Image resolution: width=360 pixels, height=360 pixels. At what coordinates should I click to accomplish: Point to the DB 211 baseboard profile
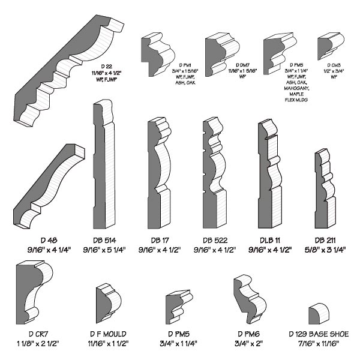coord(324,186)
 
